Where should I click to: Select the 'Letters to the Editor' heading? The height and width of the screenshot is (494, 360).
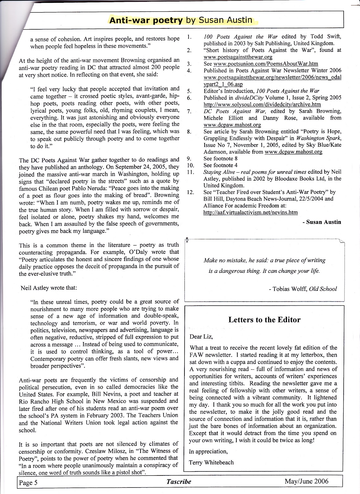pyautogui.click(x=264, y=320)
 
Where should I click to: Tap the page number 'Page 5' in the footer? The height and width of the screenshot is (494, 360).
pyautogui.click(x=28, y=483)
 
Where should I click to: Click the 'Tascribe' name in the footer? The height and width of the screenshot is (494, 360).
pyautogui.click(x=179, y=482)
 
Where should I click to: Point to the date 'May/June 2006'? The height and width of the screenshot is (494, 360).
pyautogui.click(x=306, y=481)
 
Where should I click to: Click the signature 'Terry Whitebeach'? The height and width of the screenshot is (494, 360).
pyautogui.click(x=211, y=463)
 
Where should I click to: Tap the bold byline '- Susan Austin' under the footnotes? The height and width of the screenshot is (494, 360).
pyautogui.click(x=322, y=222)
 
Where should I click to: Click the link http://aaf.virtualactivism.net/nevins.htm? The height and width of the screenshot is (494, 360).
pyautogui.click(x=251, y=212)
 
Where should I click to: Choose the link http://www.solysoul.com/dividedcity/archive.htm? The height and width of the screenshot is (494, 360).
pyautogui.click(x=262, y=104)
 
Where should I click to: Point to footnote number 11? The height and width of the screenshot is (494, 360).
pyautogui.click(x=191, y=172)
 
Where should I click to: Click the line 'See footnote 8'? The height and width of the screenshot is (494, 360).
pyautogui.click(x=220, y=159)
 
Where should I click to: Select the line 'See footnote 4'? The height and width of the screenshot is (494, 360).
pyautogui.click(x=220, y=165)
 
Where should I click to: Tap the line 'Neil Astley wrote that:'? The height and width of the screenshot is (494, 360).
pyautogui.click(x=49, y=288)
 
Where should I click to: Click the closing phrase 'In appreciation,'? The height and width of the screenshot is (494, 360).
pyautogui.click(x=208, y=451)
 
